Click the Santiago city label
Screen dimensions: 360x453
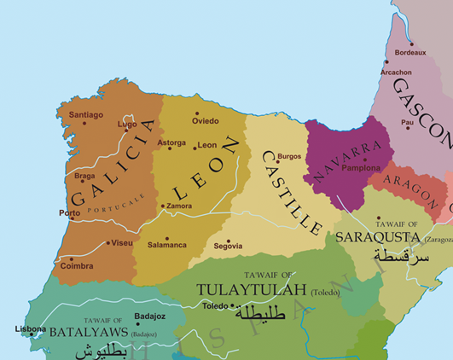click(85, 114)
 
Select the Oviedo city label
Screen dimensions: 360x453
click(205, 120)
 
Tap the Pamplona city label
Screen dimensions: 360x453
click(361, 168)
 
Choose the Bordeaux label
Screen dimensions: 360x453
click(409, 52)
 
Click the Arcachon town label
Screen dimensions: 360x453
click(395, 73)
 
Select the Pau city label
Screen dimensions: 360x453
click(407, 122)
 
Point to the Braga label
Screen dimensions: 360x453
click(84, 176)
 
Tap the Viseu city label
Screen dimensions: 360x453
click(121, 243)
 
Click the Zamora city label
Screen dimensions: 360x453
click(179, 206)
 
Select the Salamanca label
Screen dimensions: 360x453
click(167, 245)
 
